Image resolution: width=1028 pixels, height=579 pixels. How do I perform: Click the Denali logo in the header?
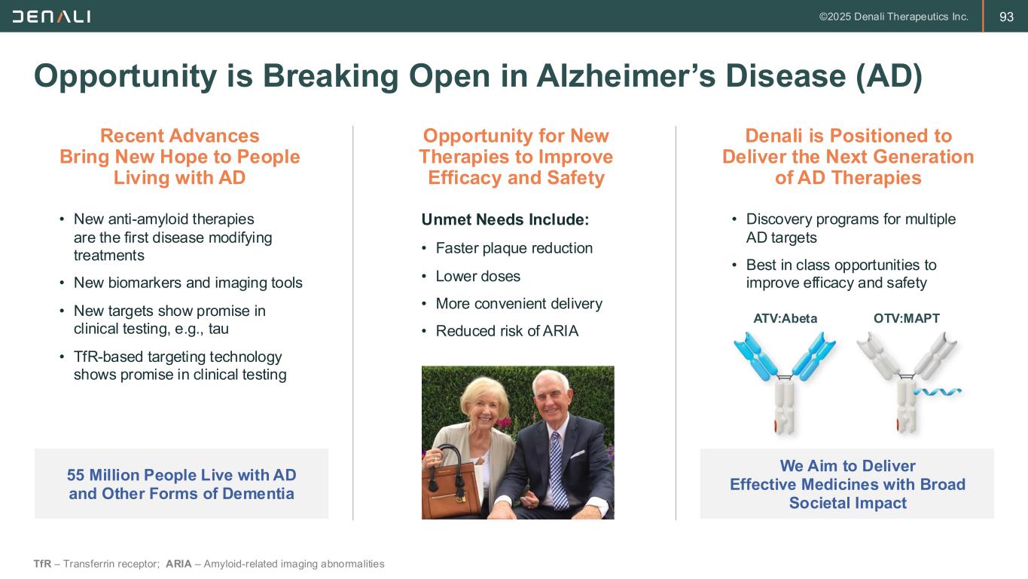click(x=51, y=17)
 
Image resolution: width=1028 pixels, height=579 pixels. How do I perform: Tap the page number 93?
click(x=1006, y=17)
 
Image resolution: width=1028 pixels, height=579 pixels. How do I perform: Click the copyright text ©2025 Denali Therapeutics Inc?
click(x=893, y=17)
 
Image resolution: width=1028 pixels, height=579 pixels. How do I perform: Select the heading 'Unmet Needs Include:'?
click(x=505, y=219)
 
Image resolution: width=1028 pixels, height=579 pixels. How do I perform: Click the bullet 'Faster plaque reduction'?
click(x=514, y=248)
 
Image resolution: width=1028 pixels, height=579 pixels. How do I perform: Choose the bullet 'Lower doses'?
click(x=477, y=276)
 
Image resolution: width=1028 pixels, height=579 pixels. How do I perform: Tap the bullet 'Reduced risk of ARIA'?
click(x=507, y=331)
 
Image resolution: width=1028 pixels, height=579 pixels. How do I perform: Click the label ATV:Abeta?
click(x=785, y=318)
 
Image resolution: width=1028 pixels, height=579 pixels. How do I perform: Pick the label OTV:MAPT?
click(x=907, y=318)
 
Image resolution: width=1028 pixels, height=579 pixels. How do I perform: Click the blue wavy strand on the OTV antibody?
click(x=938, y=392)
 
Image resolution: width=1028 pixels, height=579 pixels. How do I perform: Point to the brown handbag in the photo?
click(x=452, y=485)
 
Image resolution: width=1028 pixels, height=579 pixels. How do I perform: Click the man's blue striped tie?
click(x=557, y=471)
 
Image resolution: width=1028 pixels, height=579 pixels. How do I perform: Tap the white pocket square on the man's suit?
click(x=578, y=454)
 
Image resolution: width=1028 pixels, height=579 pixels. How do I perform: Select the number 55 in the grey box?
click(x=76, y=475)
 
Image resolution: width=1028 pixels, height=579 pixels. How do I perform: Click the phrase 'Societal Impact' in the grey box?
click(x=848, y=503)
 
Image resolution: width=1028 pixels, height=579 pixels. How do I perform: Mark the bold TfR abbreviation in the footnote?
click(x=42, y=564)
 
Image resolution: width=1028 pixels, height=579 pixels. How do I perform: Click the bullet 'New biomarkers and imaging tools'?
click(x=188, y=283)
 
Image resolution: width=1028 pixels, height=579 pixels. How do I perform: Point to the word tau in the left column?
click(x=218, y=329)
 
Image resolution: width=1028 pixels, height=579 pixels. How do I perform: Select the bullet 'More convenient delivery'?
click(x=519, y=304)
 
